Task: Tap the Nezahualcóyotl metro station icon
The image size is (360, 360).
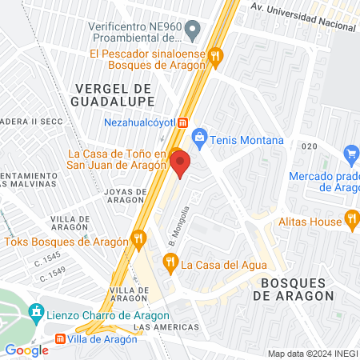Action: (x=183, y=122)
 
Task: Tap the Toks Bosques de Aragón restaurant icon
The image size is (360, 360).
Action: (x=140, y=238)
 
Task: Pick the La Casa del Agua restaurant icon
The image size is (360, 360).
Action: (x=170, y=261)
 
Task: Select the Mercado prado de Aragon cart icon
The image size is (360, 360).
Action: (x=350, y=153)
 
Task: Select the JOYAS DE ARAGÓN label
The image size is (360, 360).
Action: (x=126, y=197)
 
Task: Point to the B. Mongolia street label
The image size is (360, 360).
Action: (x=178, y=226)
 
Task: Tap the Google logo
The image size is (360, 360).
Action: (x=27, y=350)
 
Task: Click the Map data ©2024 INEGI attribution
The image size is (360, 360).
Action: (x=311, y=354)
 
